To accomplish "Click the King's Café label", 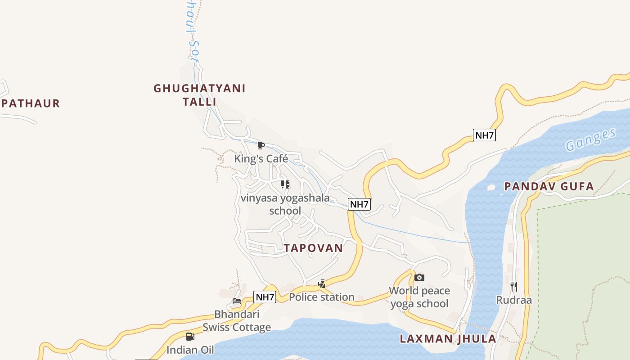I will [261, 159].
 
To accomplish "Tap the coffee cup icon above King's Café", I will [261, 145].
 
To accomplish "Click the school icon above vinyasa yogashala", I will [285, 184].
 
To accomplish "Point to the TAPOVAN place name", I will [313, 248].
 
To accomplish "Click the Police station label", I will [321, 297].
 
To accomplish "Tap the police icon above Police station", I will [321, 283].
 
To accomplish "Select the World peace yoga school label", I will [419, 297].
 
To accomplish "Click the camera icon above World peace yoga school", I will [419, 277].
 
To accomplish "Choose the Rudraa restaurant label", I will [514, 300].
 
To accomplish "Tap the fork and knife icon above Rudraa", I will [514, 286].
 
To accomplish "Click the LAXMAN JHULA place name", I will [448, 339].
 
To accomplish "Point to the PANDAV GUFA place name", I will [549, 186].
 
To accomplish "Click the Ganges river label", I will [590, 140].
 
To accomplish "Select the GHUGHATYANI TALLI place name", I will [199, 95].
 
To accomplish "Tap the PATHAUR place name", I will [31, 103].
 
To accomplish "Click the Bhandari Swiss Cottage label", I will [237, 320].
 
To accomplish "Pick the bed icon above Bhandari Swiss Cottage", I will [237, 301].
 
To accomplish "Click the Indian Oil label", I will [190, 350].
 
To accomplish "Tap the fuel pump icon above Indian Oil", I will [190, 336].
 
